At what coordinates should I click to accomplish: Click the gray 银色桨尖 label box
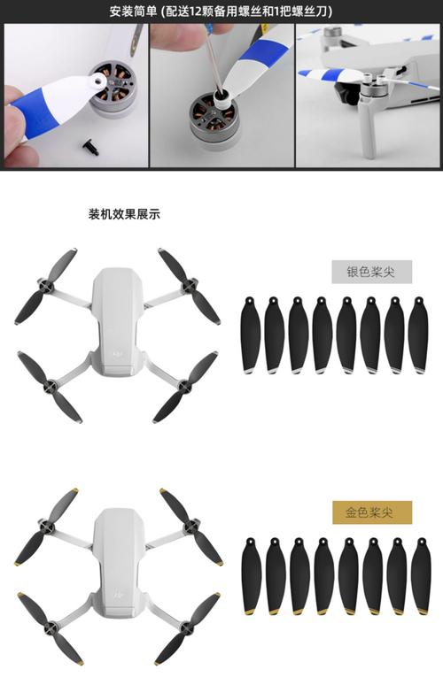(372, 271)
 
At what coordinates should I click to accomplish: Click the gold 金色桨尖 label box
(372, 511)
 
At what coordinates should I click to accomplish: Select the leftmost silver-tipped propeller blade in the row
(251, 334)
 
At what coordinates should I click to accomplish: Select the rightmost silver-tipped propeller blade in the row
(418, 334)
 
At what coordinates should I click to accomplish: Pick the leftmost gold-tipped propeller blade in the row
(252, 574)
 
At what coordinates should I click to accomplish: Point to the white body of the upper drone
(115, 319)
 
